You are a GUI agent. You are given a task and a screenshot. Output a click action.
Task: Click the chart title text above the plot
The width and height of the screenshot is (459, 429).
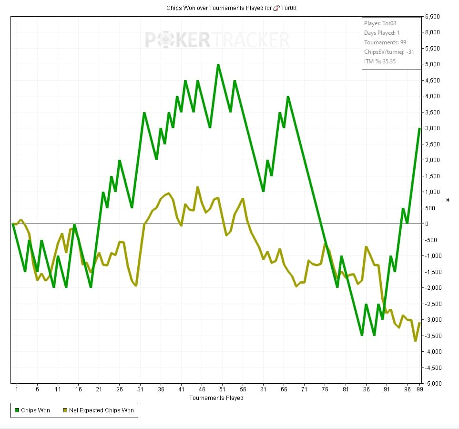tap(231, 8)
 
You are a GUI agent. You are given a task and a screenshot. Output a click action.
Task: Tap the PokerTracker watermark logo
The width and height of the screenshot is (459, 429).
tap(217, 40)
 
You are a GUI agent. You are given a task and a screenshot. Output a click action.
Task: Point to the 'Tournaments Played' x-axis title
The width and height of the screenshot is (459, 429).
tap(216, 398)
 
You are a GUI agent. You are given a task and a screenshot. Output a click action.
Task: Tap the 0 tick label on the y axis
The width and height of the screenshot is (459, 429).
tap(427, 224)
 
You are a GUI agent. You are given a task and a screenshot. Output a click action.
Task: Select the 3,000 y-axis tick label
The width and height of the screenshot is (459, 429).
tap(431, 128)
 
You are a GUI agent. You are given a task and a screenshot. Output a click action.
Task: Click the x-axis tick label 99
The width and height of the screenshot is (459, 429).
tap(419, 389)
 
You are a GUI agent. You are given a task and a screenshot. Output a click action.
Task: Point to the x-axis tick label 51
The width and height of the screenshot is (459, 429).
tap(222, 389)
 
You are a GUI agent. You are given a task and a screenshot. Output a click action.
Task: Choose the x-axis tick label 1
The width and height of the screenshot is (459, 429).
tap(17, 389)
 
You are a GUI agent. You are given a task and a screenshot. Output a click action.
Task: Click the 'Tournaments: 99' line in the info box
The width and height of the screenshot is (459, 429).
tap(385, 42)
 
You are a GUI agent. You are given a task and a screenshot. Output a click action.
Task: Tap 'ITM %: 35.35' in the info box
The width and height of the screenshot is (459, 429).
tap(380, 61)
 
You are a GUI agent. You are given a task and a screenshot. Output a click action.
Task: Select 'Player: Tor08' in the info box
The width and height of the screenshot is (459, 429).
tap(380, 23)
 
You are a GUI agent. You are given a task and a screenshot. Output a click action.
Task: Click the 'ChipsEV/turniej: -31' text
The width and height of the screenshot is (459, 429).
tap(388, 52)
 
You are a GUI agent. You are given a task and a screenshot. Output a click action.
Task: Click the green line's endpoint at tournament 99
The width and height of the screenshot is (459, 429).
tap(419, 128)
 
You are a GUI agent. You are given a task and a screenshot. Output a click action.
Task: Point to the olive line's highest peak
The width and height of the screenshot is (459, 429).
tap(198, 187)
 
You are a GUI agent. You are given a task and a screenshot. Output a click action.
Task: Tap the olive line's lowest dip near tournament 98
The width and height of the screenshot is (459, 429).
tap(416, 341)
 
